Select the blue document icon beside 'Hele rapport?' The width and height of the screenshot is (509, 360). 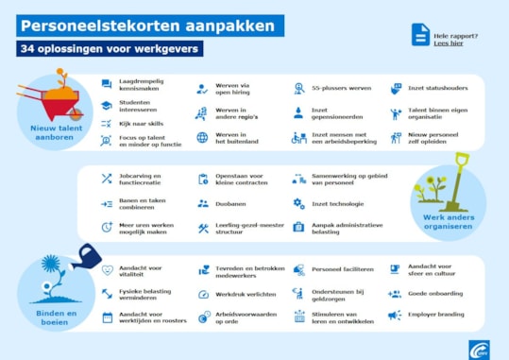pyautogui.click(x=419, y=36)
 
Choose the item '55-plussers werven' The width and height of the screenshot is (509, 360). pyautogui.click(x=340, y=88)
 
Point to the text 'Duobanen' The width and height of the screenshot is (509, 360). pyautogui.click(x=230, y=202)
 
